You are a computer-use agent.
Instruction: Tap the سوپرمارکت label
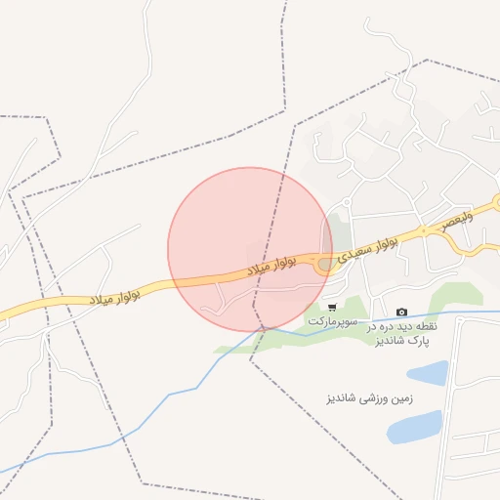(334, 321)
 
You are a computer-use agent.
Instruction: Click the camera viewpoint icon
(401, 312)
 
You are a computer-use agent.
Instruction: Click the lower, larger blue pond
(414, 427)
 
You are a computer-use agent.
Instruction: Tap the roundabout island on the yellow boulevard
(324, 264)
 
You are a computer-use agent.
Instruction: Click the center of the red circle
(250, 249)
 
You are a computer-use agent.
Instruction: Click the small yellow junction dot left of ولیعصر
(424, 231)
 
